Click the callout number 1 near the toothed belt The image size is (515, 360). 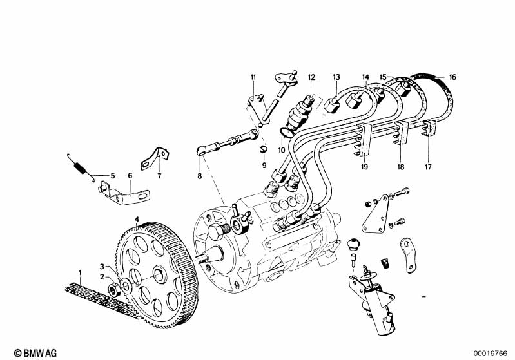pyautogui.click(x=80, y=273)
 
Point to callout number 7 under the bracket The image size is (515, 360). pyautogui.click(x=159, y=175)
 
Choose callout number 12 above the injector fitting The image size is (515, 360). pyautogui.click(x=311, y=77)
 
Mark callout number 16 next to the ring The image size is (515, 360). pyautogui.click(x=452, y=77)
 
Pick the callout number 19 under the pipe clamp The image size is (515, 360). pyautogui.click(x=364, y=167)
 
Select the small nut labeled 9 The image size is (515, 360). pyautogui.click(x=264, y=151)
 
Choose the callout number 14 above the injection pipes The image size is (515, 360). pyautogui.click(x=365, y=77)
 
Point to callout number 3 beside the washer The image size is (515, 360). pyautogui.click(x=101, y=266)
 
